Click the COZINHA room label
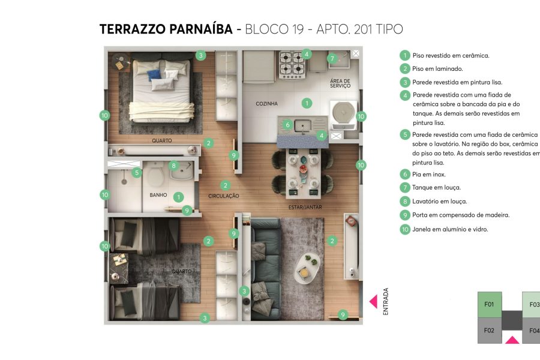point(267,104)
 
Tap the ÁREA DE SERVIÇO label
point(340,83)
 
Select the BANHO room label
point(158,196)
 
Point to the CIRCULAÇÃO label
point(224,196)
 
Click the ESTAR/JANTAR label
point(303,207)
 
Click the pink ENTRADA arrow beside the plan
point(373,301)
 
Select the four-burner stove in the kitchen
point(292,64)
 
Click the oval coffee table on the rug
point(309,267)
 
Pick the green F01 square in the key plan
point(489,304)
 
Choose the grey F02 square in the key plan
point(489,331)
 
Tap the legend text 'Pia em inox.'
point(428,174)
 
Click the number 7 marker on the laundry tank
point(332,58)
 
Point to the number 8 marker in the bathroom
point(173,166)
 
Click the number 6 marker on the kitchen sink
point(288,125)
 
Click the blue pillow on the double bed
point(155,75)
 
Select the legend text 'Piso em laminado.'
point(437,69)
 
